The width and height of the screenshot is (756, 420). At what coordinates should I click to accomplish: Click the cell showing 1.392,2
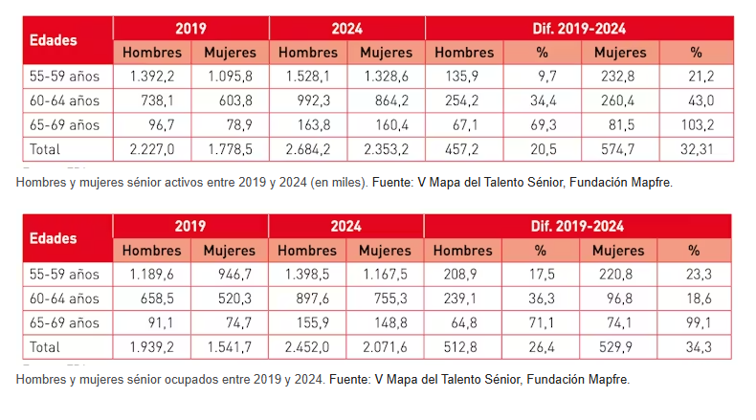coord(152,77)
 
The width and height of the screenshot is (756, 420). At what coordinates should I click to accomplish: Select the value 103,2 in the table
coord(697,125)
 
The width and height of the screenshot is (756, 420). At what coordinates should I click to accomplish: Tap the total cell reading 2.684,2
coord(308,149)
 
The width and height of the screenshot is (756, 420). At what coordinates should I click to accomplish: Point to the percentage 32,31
coord(697,149)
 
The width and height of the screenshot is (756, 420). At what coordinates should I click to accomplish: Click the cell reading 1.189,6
coord(151,275)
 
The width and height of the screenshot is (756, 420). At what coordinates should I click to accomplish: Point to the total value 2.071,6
coord(385,346)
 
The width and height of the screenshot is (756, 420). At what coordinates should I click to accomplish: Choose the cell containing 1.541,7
coord(230,346)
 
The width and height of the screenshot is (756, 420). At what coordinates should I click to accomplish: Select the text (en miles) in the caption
coord(339,183)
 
